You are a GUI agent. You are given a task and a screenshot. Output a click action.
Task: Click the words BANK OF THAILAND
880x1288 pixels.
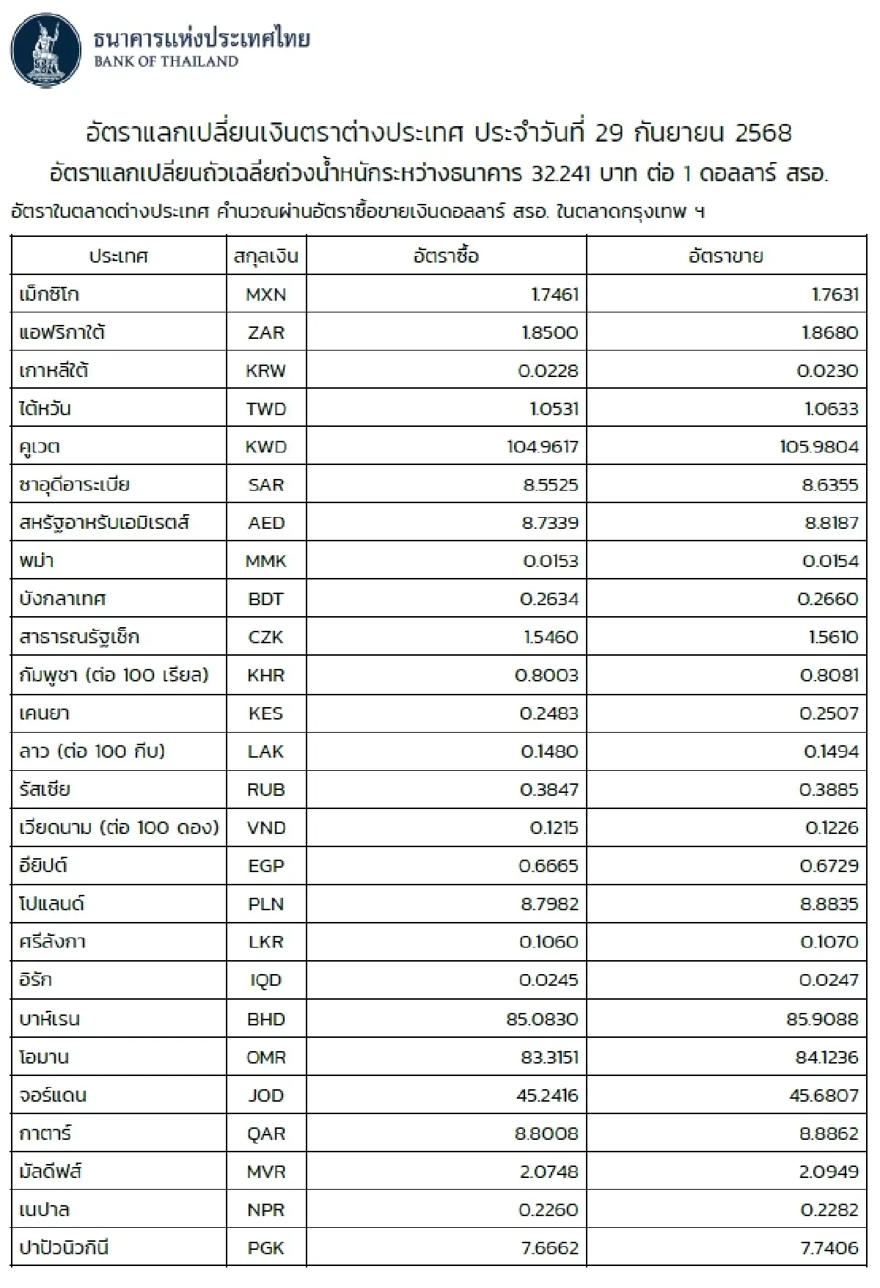point(166,62)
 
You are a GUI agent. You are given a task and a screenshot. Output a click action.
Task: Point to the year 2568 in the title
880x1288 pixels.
point(763,133)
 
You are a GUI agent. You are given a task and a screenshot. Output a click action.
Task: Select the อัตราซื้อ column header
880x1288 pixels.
point(446,256)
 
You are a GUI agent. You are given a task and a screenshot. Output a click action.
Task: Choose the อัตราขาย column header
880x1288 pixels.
point(726,256)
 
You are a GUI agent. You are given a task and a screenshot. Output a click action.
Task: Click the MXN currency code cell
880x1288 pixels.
point(265,295)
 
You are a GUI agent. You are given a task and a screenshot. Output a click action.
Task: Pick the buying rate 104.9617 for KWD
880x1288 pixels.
point(543,447)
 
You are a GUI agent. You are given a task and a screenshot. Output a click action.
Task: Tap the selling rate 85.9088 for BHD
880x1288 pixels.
point(822,1019)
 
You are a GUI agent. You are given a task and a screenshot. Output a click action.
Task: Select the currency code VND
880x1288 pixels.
point(266,828)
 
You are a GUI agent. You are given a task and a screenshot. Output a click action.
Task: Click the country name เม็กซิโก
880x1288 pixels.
point(49,295)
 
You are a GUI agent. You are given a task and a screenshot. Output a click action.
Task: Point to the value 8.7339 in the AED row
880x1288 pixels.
point(551,523)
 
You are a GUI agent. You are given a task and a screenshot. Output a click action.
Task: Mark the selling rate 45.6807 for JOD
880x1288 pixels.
point(822,1095)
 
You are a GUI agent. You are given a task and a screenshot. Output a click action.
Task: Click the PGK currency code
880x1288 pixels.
point(265,1248)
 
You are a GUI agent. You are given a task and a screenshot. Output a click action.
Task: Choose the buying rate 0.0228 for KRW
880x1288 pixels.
point(548,370)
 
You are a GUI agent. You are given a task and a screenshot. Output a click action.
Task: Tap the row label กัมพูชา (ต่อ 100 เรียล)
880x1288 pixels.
point(114,675)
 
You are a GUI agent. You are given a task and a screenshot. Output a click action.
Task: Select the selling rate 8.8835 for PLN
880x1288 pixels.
point(829,904)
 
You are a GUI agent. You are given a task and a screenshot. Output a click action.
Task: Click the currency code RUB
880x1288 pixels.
point(265,790)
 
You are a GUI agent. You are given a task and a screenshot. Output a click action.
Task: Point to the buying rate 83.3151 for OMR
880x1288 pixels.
point(543,1057)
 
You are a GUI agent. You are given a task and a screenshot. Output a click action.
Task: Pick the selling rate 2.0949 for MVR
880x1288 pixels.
point(829,1171)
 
